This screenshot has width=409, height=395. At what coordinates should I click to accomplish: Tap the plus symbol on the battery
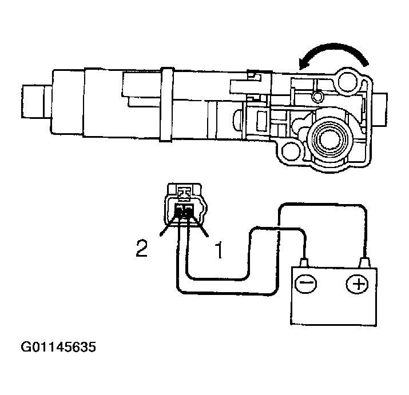[358, 284]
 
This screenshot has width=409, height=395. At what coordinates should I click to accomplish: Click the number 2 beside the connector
[141, 249]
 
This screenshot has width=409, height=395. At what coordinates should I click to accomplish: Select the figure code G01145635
[59, 347]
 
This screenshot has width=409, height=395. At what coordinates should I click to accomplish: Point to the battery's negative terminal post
[305, 264]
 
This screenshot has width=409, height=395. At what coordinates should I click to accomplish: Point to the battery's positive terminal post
[363, 263]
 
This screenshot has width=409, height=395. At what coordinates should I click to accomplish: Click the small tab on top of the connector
[184, 191]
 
